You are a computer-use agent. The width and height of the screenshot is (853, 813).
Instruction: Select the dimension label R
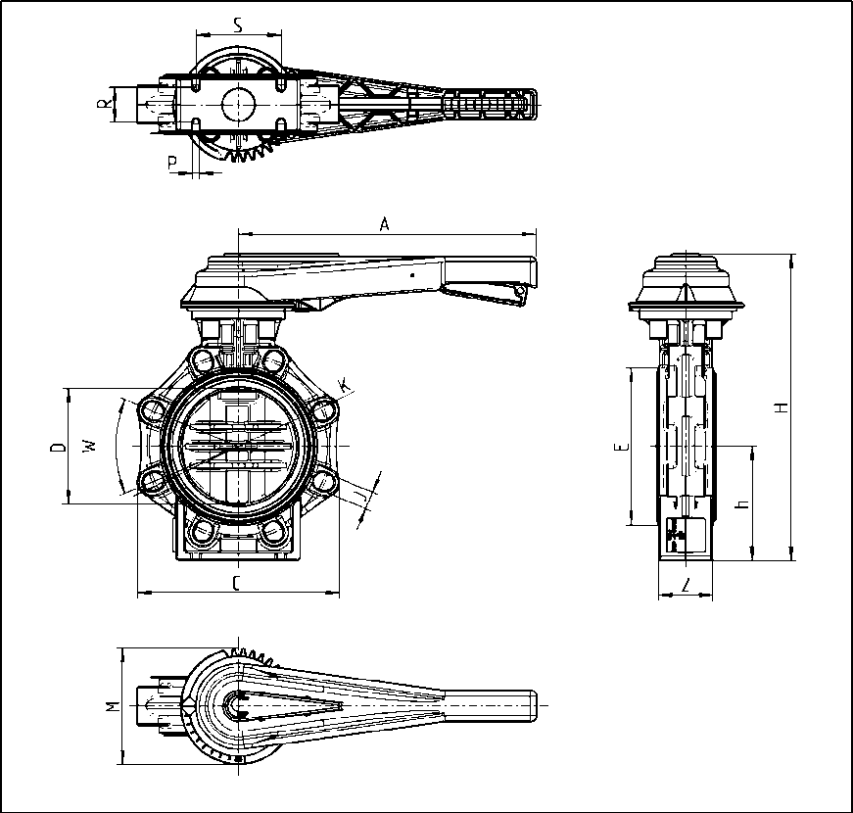(x=103, y=104)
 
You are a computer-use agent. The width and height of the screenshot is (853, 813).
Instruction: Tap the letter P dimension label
(x=172, y=162)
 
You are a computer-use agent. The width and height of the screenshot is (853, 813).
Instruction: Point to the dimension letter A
(x=385, y=224)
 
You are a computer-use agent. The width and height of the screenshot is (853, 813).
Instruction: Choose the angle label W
(x=90, y=446)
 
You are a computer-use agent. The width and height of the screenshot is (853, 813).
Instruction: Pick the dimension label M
(x=112, y=705)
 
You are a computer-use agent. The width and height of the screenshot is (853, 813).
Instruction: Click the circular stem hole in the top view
(x=238, y=103)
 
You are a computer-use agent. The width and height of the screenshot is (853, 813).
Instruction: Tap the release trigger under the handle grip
(x=480, y=291)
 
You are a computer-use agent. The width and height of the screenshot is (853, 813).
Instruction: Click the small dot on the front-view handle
(x=413, y=276)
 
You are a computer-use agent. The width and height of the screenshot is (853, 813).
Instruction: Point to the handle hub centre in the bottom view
(x=236, y=704)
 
